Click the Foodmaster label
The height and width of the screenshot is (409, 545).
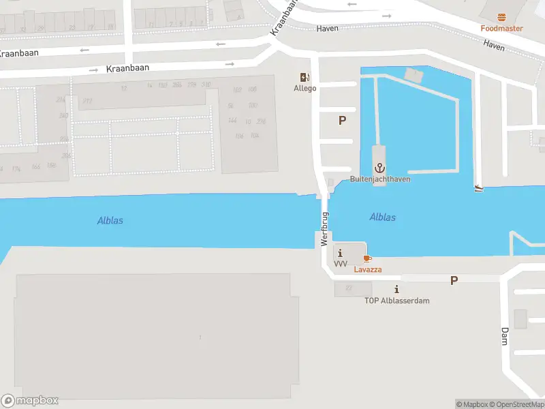pyautogui.click(x=501, y=29)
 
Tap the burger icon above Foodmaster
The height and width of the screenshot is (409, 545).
pyautogui.click(x=502, y=17)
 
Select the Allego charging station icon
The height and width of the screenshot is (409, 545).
pyautogui.click(x=305, y=78)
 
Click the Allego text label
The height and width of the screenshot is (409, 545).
pyautogui.click(x=305, y=89)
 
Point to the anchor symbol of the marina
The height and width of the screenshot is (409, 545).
pyautogui.click(x=379, y=168)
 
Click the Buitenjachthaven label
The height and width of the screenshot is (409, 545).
pyautogui.click(x=379, y=179)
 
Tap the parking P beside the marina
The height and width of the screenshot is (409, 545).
pyautogui.click(x=342, y=120)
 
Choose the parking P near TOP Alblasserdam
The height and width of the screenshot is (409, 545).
pyautogui.click(x=454, y=280)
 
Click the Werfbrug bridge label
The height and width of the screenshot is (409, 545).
pyautogui.click(x=325, y=229)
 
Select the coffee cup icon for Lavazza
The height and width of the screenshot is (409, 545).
pyautogui.click(x=367, y=258)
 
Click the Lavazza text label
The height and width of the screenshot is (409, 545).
pyautogui.click(x=367, y=269)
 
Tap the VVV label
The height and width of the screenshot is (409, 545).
pyautogui.click(x=341, y=264)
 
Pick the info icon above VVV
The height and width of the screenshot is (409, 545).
pyautogui.click(x=341, y=254)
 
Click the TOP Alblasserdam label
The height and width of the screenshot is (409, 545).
pyautogui.click(x=396, y=301)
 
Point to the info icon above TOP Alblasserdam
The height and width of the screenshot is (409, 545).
pyautogui.click(x=396, y=290)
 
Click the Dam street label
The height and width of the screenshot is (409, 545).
pyautogui.click(x=505, y=336)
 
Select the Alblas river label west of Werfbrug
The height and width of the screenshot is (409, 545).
pyautogui.click(x=110, y=221)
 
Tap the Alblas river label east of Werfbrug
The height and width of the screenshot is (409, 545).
pyautogui.click(x=382, y=217)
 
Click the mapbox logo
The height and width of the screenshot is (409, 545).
pyautogui.click(x=30, y=401)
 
